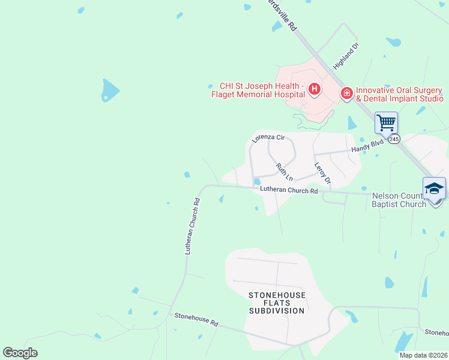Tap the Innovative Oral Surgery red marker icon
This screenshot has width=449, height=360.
click(x=346, y=94)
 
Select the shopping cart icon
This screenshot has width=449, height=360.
click(x=386, y=123)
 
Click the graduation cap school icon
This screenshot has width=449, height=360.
click(x=434, y=188)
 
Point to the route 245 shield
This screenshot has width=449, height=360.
click(x=393, y=139)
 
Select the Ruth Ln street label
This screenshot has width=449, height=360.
click(x=285, y=172)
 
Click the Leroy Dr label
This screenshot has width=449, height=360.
click(x=323, y=173)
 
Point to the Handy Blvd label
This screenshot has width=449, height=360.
click(x=367, y=148)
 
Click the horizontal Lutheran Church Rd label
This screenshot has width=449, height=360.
click(x=289, y=191)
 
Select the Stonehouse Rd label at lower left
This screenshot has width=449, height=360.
click(x=196, y=319)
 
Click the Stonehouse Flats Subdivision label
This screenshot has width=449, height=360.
click(x=277, y=303)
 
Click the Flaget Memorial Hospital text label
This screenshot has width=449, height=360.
click(x=258, y=90)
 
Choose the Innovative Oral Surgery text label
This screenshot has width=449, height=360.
click(x=399, y=94)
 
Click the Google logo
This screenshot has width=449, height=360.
click(x=20, y=353)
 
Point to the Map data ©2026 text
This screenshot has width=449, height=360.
click(x=423, y=355)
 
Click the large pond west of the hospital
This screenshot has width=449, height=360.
click(x=110, y=90)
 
